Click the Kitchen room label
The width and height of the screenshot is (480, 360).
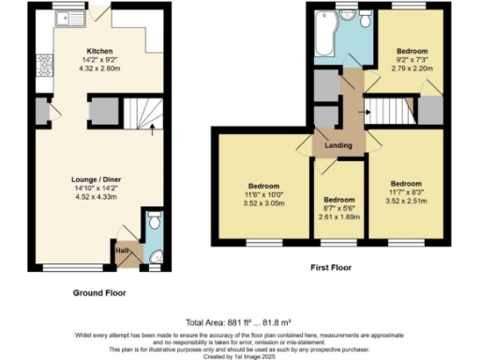[100, 52]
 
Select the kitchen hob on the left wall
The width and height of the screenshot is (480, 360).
[43, 65]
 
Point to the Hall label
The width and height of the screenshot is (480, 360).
[122, 249]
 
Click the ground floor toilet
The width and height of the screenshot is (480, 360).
[156, 223]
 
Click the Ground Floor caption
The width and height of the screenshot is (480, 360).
[99, 292]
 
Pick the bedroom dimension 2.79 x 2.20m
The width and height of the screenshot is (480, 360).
[412, 67]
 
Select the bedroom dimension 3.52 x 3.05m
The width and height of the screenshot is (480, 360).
[264, 202]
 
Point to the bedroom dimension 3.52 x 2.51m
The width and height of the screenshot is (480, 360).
[406, 200]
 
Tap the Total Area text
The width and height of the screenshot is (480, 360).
[240, 322]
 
